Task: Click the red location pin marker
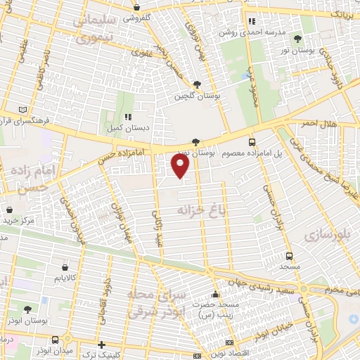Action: pyautogui.click(x=181, y=166)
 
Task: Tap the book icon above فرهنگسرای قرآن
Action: pyautogui.click(x=25, y=110)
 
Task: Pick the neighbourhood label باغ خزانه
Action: pyautogui.click(x=185, y=210)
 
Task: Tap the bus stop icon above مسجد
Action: pyautogui.click(x=289, y=256)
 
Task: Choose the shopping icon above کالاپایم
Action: pyautogui.click(x=65, y=267)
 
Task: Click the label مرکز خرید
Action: pyautogui.click(x=18, y=221)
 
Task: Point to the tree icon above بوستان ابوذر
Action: pyautogui.click(x=27, y=309)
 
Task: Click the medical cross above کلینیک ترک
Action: pyautogui.click(x=102, y=345)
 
